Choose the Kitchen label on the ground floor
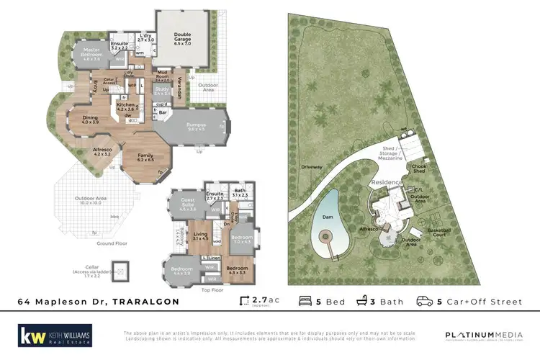click(x=126, y=107)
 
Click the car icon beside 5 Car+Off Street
click(x=425, y=302)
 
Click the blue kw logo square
click(x=30, y=336)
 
